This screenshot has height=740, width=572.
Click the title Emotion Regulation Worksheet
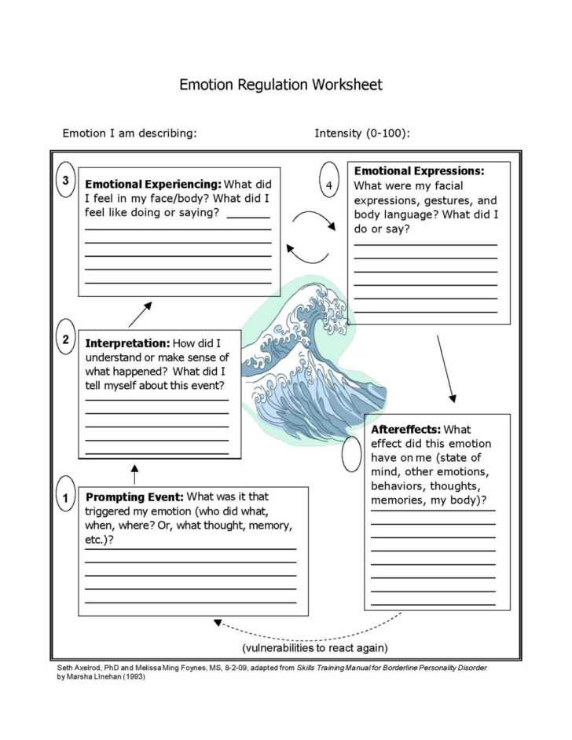[x=280, y=84]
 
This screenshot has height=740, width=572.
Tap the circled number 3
[x=66, y=180]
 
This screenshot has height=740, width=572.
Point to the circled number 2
[x=66, y=340]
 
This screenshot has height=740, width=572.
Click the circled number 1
[x=66, y=497]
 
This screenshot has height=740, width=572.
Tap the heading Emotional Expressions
[x=419, y=170]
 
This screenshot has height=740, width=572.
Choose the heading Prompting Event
[x=134, y=496]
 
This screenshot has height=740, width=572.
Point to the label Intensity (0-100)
[x=361, y=133]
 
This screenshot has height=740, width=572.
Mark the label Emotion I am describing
[x=130, y=133]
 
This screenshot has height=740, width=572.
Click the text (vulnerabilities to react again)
[x=314, y=648]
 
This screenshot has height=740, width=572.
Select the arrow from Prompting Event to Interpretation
[x=134, y=474]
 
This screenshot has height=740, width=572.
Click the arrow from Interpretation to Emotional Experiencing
[x=140, y=314]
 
